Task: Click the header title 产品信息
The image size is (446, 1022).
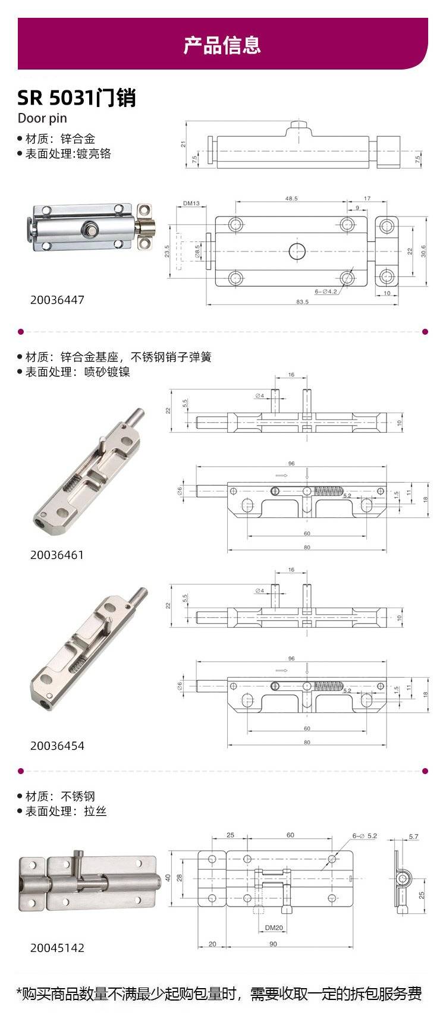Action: coord(222,45)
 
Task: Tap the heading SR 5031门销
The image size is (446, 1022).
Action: coord(77,98)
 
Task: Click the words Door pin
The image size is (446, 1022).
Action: coord(42,118)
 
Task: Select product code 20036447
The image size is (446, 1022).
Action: coord(58,300)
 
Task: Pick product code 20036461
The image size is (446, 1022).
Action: coord(58,555)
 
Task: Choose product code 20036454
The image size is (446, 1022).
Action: coord(58,746)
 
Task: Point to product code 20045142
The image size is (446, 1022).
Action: coord(58,948)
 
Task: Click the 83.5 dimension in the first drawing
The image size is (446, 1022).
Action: coord(303,301)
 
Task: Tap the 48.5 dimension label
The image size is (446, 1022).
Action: coord(291,199)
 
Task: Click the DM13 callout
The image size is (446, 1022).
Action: coord(191,203)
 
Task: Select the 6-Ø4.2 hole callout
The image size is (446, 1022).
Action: coord(326,291)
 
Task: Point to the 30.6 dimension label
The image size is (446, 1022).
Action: coord(423,251)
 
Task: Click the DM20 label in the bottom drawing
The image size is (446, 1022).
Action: coord(274,927)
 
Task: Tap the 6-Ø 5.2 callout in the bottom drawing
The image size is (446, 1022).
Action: coord(365,835)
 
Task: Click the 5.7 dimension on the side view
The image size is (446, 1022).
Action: coord(414,837)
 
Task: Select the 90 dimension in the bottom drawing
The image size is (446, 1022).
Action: coord(274,944)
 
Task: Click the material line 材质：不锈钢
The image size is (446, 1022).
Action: coord(56,797)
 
